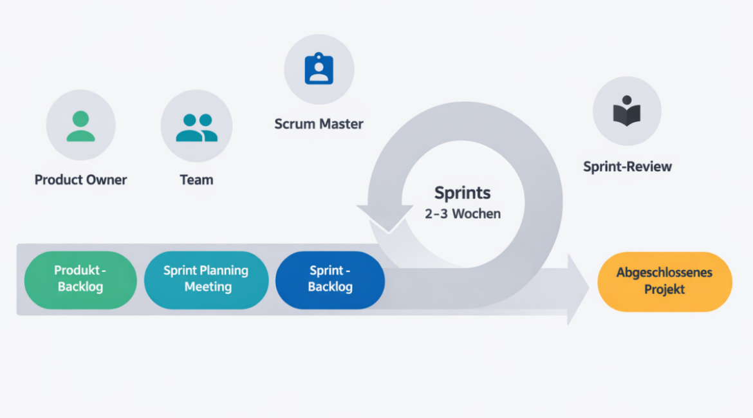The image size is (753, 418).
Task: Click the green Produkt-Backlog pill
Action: click(x=80, y=279)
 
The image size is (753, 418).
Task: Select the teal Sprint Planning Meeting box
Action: click(x=206, y=279)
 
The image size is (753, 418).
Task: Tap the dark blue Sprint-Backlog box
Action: click(x=330, y=279)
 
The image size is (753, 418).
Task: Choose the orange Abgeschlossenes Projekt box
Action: click(x=665, y=282)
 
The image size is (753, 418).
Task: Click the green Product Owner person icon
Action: click(x=80, y=126)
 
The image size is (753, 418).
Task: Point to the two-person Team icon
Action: click(x=196, y=127)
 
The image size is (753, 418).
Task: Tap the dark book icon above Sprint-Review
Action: click(x=626, y=112)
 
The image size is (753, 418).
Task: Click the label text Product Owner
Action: click(x=80, y=180)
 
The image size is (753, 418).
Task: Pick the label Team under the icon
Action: click(x=196, y=180)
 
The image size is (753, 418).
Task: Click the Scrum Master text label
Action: click(x=319, y=124)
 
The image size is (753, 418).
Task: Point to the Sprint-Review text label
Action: click(x=627, y=167)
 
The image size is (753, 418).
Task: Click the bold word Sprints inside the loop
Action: click(x=462, y=193)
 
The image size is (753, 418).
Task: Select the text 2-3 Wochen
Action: click(x=462, y=214)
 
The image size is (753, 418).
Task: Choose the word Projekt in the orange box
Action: click(x=665, y=290)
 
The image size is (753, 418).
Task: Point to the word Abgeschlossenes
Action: click(x=665, y=273)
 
